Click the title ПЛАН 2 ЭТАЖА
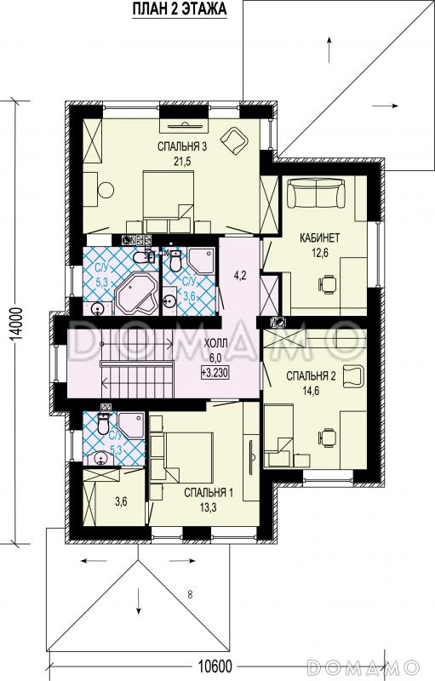[x=179, y=9]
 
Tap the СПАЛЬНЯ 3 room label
[x=182, y=147]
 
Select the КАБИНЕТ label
[x=319, y=238]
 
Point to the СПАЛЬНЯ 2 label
[x=311, y=376]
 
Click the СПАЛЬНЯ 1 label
[x=209, y=493]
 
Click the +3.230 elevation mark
[x=215, y=372]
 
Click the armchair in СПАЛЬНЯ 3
[x=234, y=140]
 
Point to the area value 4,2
[x=240, y=276]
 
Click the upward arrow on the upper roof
[x=329, y=49]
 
